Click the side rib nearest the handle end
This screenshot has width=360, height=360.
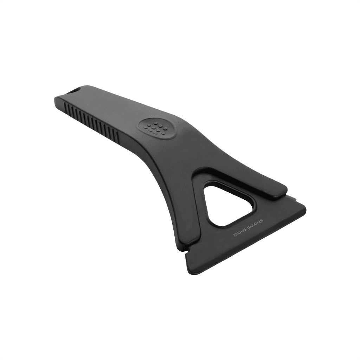[x=65, y=107]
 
